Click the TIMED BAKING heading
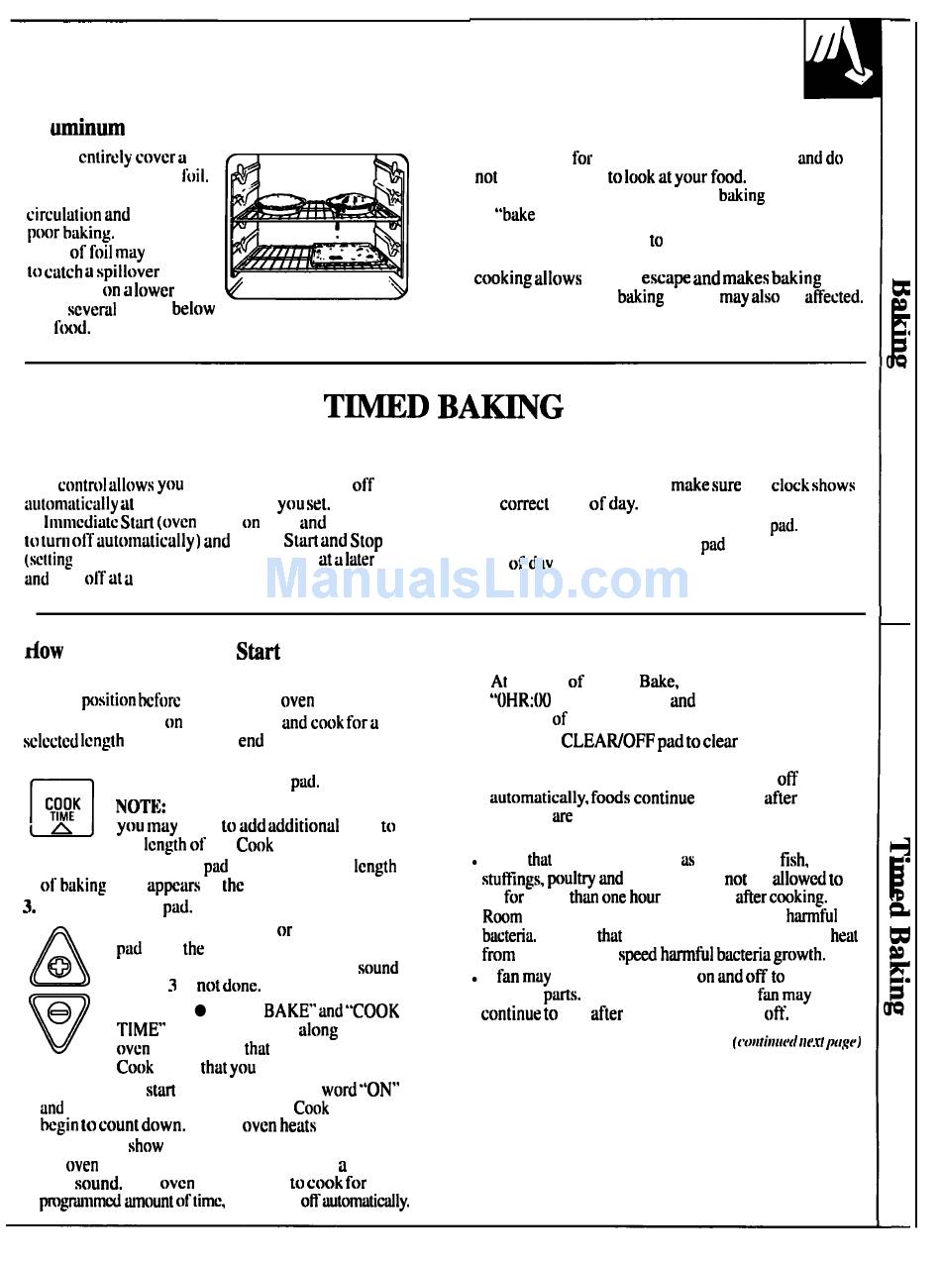point(444,407)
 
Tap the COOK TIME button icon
point(61,809)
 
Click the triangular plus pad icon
point(66,959)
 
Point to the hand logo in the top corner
point(841,60)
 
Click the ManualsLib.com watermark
point(476,578)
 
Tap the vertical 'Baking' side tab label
point(899,323)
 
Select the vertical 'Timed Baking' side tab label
point(899,926)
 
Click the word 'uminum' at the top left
point(88,128)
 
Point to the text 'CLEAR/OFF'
point(606,741)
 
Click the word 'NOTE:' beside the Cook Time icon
point(141,806)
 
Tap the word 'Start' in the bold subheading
point(258,652)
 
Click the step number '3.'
point(29,905)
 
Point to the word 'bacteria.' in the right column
point(509,935)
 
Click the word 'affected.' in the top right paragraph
point(833,297)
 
